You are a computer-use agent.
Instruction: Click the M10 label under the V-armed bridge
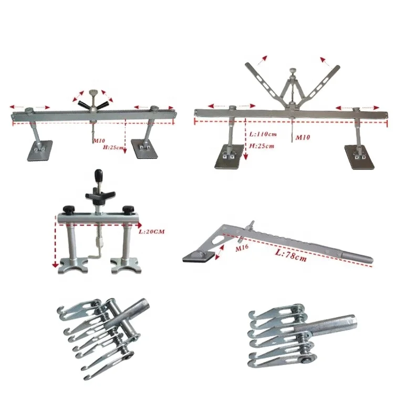303,138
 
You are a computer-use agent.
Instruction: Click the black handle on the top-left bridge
92,105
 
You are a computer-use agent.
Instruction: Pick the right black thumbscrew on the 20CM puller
127,208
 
